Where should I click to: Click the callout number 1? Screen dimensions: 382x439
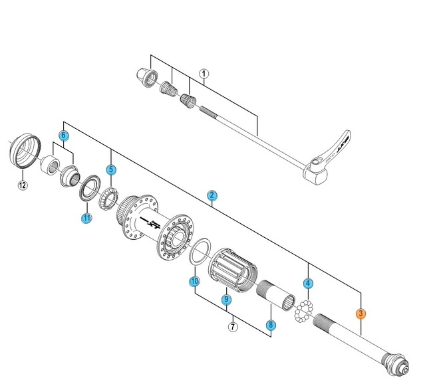point(204,74)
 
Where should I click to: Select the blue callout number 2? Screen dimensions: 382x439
point(212,195)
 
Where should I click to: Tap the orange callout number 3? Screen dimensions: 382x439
point(361,314)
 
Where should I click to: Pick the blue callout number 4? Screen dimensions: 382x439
point(308,284)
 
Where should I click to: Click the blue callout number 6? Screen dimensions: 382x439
point(64,136)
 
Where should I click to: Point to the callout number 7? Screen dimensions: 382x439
point(233,326)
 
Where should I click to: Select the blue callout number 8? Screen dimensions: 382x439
point(271,325)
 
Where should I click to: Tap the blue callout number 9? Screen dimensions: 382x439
point(226,300)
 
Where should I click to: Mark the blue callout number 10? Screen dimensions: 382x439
point(194,282)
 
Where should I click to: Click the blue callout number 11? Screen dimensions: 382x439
point(86,218)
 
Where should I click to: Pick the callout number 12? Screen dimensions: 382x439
point(22,185)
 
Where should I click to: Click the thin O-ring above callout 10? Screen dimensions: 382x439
point(198,252)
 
